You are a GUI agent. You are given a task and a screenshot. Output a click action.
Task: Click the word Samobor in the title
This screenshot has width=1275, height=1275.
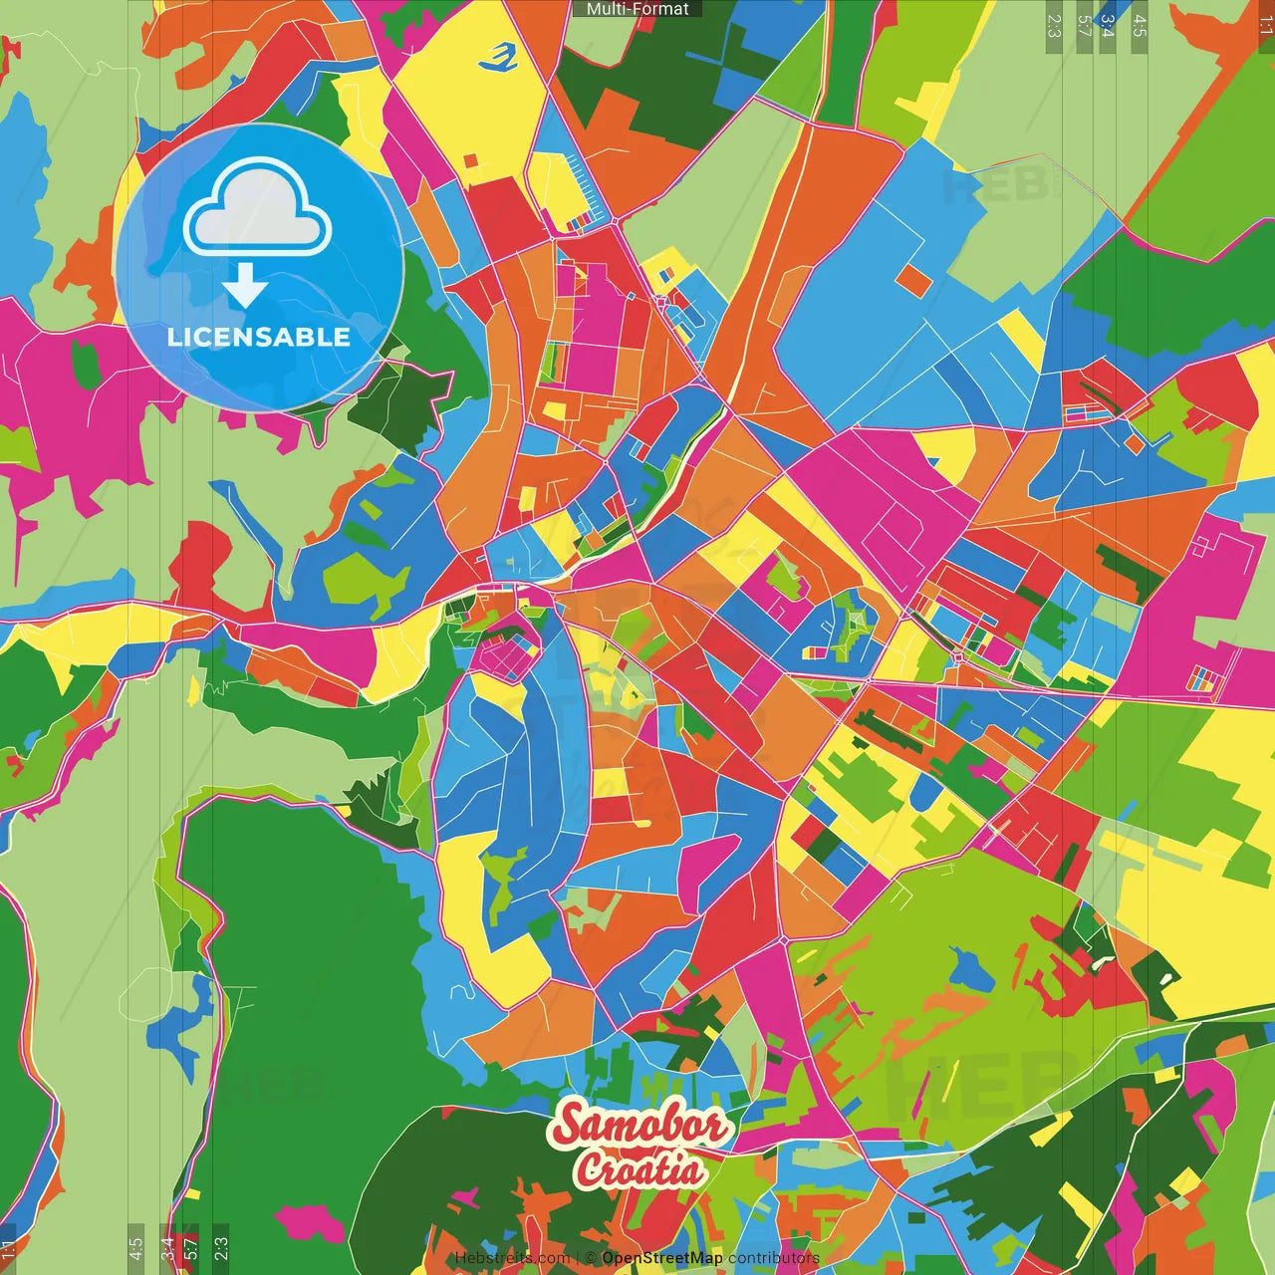click(639, 1127)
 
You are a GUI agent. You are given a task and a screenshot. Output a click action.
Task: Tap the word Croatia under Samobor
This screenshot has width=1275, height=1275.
click(639, 1169)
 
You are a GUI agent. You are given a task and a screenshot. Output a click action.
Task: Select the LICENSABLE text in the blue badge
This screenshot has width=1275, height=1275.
click(259, 337)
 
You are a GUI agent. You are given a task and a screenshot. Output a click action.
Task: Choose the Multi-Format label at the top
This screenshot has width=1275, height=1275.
click(637, 9)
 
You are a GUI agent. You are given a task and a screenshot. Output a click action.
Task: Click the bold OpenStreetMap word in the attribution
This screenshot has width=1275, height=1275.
click(662, 1258)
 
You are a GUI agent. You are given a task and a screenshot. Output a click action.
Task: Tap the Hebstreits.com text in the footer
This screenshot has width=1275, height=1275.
click(512, 1258)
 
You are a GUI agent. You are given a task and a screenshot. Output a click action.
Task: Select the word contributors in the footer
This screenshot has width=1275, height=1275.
click(774, 1258)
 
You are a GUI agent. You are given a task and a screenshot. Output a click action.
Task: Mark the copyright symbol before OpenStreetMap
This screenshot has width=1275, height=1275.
click(591, 1258)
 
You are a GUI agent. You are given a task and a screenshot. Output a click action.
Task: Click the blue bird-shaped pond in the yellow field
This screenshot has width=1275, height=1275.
click(499, 59)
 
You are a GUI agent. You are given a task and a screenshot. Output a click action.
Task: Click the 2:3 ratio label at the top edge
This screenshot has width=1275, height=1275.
click(1054, 26)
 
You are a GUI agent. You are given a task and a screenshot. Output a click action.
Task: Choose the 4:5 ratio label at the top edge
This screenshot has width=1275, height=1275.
click(1140, 26)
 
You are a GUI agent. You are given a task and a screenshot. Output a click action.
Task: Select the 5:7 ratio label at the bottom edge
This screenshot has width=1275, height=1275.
click(191, 1247)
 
